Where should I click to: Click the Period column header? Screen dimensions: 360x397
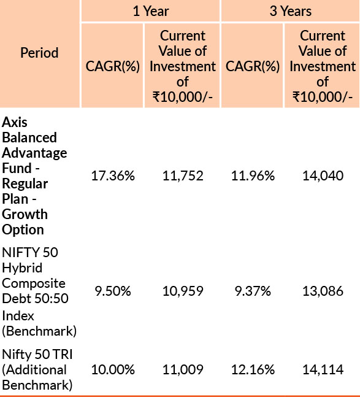coord(39,53)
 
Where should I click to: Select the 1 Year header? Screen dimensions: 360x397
coord(151,12)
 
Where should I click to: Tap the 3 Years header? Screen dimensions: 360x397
coord(291,12)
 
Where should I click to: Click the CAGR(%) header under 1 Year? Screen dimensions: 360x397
coord(113,66)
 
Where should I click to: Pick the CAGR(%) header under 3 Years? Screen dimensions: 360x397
coord(253,66)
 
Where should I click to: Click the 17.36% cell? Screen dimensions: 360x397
coord(113,175)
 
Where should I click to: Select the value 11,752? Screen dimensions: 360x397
coord(183,175)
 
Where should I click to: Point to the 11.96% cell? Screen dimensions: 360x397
coord(253,175)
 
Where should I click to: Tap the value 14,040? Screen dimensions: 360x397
coord(323,175)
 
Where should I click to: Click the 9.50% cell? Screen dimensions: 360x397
coord(113,291)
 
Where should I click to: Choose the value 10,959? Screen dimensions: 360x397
coord(183,291)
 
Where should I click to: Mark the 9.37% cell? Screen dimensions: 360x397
coord(253,291)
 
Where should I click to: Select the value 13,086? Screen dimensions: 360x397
coord(323,291)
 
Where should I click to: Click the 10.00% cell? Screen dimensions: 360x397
coord(113,369)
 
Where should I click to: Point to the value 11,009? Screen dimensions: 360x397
coord(183,369)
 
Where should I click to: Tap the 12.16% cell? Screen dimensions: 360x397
coord(253,369)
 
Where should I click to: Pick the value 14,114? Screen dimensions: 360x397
coord(323,369)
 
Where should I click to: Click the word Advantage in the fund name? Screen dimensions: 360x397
coord(34,153)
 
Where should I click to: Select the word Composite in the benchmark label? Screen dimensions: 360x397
coord(34,283)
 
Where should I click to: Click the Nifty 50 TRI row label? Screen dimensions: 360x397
coord(37,354)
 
